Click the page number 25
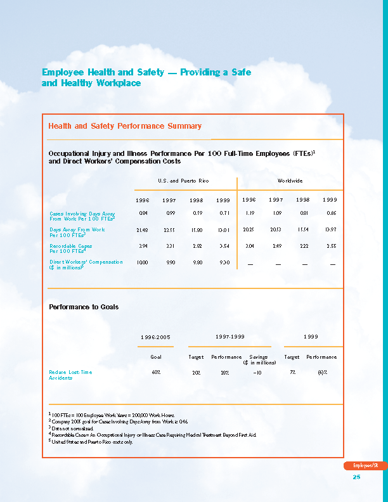[356, 477]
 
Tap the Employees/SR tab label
[366, 466]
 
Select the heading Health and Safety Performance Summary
[125, 126]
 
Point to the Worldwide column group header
[290, 181]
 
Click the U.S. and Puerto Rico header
[183, 181]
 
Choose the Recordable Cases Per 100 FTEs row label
[71, 248]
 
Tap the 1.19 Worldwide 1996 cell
[249, 214]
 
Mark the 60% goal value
[155, 372]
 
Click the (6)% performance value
[322, 372]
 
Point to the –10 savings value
[257, 372]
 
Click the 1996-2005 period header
[155, 337]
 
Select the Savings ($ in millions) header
[258, 359]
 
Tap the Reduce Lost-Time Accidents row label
[70, 375]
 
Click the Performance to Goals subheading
[84, 307]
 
